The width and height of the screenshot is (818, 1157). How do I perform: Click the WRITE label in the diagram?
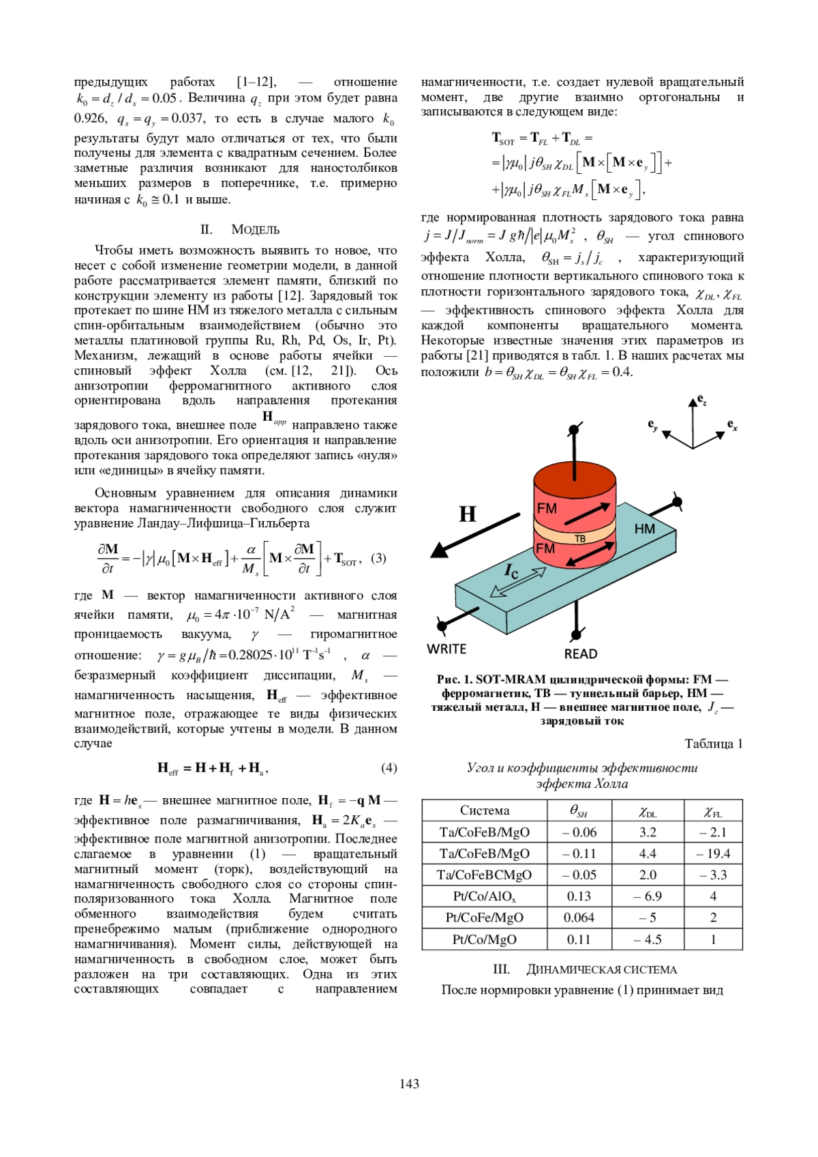pyautogui.click(x=446, y=649)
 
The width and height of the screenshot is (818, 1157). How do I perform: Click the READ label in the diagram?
pyautogui.click(x=580, y=654)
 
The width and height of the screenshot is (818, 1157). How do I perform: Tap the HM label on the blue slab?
pyautogui.click(x=644, y=529)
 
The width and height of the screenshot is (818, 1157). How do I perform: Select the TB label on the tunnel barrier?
pyautogui.click(x=580, y=539)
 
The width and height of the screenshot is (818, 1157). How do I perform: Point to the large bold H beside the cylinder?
pyautogui.click(x=468, y=514)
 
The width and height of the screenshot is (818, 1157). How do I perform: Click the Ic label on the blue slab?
pyautogui.click(x=511, y=571)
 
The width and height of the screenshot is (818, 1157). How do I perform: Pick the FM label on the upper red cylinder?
pyautogui.click(x=547, y=508)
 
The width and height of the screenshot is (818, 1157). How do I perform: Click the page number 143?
pyautogui.click(x=409, y=1083)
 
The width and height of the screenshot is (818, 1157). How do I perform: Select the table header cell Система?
pyautogui.click(x=484, y=810)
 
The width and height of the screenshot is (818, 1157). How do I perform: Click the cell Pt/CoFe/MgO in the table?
pyautogui.click(x=484, y=918)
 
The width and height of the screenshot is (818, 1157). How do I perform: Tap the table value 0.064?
pyautogui.click(x=579, y=918)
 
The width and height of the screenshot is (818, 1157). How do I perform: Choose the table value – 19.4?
pyautogui.click(x=713, y=853)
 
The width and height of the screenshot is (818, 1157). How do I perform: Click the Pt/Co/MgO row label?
pyautogui.click(x=484, y=939)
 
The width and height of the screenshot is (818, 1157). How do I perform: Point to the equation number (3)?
pyautogui.click(x=378, y=558)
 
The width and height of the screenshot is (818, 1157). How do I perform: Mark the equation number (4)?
pyautogui.click(x=389, y=767)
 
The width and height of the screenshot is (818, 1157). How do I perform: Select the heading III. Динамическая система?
pyautogui.click(x=584, y=969)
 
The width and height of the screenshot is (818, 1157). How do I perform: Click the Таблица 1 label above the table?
pyautogui.click(x=713, y=744)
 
